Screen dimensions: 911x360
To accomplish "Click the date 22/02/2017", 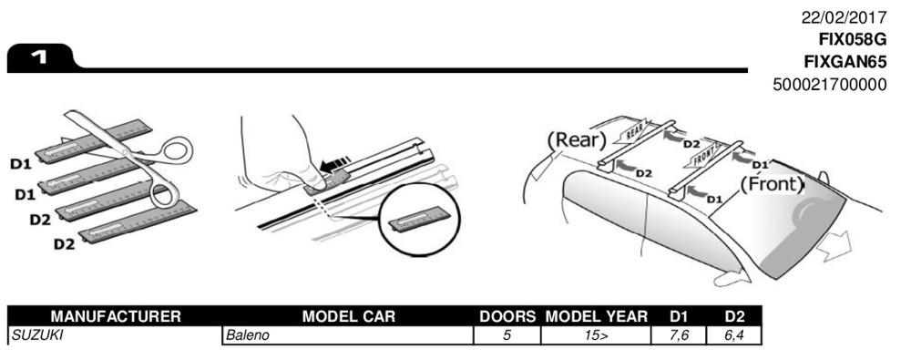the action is click(844, 18).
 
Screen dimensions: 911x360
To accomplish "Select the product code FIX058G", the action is click(853, 40).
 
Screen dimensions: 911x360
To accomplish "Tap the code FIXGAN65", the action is click(845, 62).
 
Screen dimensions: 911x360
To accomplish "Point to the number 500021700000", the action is click(830, 85).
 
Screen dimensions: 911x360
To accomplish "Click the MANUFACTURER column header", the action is click(116, 316).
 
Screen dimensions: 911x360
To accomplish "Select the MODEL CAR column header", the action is click(348, 316).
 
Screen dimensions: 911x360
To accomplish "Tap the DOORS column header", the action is click(507, 316).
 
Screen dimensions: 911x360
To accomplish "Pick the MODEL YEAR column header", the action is click(596, 316).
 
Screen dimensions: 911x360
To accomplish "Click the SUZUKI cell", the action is click(36, 335).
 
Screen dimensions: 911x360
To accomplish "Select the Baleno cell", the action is click(248, 335).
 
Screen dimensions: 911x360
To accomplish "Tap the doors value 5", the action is click(507, 335).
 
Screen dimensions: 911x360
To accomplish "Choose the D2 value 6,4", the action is click(733, 335).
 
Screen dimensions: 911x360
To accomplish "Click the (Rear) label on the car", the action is click(576, 140).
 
